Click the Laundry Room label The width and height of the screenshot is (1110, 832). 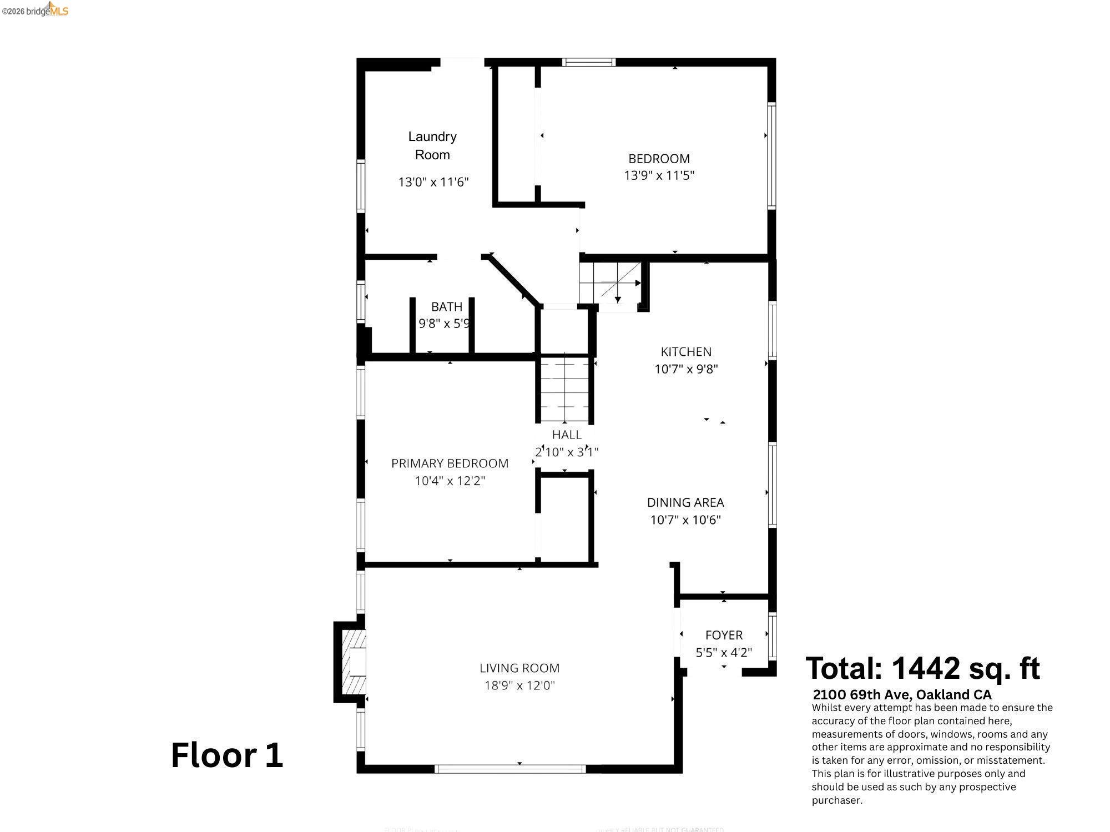tap(432, 145)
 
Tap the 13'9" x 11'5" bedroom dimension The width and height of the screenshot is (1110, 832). tap(659, 175)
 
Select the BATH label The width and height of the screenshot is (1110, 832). tap(446, 306)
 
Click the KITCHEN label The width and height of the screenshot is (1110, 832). tap(686, 351)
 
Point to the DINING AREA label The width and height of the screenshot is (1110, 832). tap(685, 502)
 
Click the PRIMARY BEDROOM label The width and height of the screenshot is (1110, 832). tap(450, 463)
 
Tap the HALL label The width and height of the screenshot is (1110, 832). tap(567, 435)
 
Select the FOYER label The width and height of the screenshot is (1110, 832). tap(724, 635)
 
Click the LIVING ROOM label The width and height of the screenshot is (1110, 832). tap(519, 668)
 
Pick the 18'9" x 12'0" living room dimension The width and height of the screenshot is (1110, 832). tap(519, 685)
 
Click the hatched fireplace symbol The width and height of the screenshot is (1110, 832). tap(354, 662)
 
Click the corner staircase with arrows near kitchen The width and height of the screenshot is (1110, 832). tap(610, 283)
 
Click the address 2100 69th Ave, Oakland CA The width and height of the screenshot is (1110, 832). tap(902, 694)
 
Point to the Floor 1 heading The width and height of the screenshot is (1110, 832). tap(226, 755)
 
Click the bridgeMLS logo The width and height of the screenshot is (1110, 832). tap(35, 9)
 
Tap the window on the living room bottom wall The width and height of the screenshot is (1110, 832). tap(509, 769)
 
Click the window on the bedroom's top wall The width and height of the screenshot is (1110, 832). tap(588, 62)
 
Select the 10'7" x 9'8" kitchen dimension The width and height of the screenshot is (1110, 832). tap(686, 369)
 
